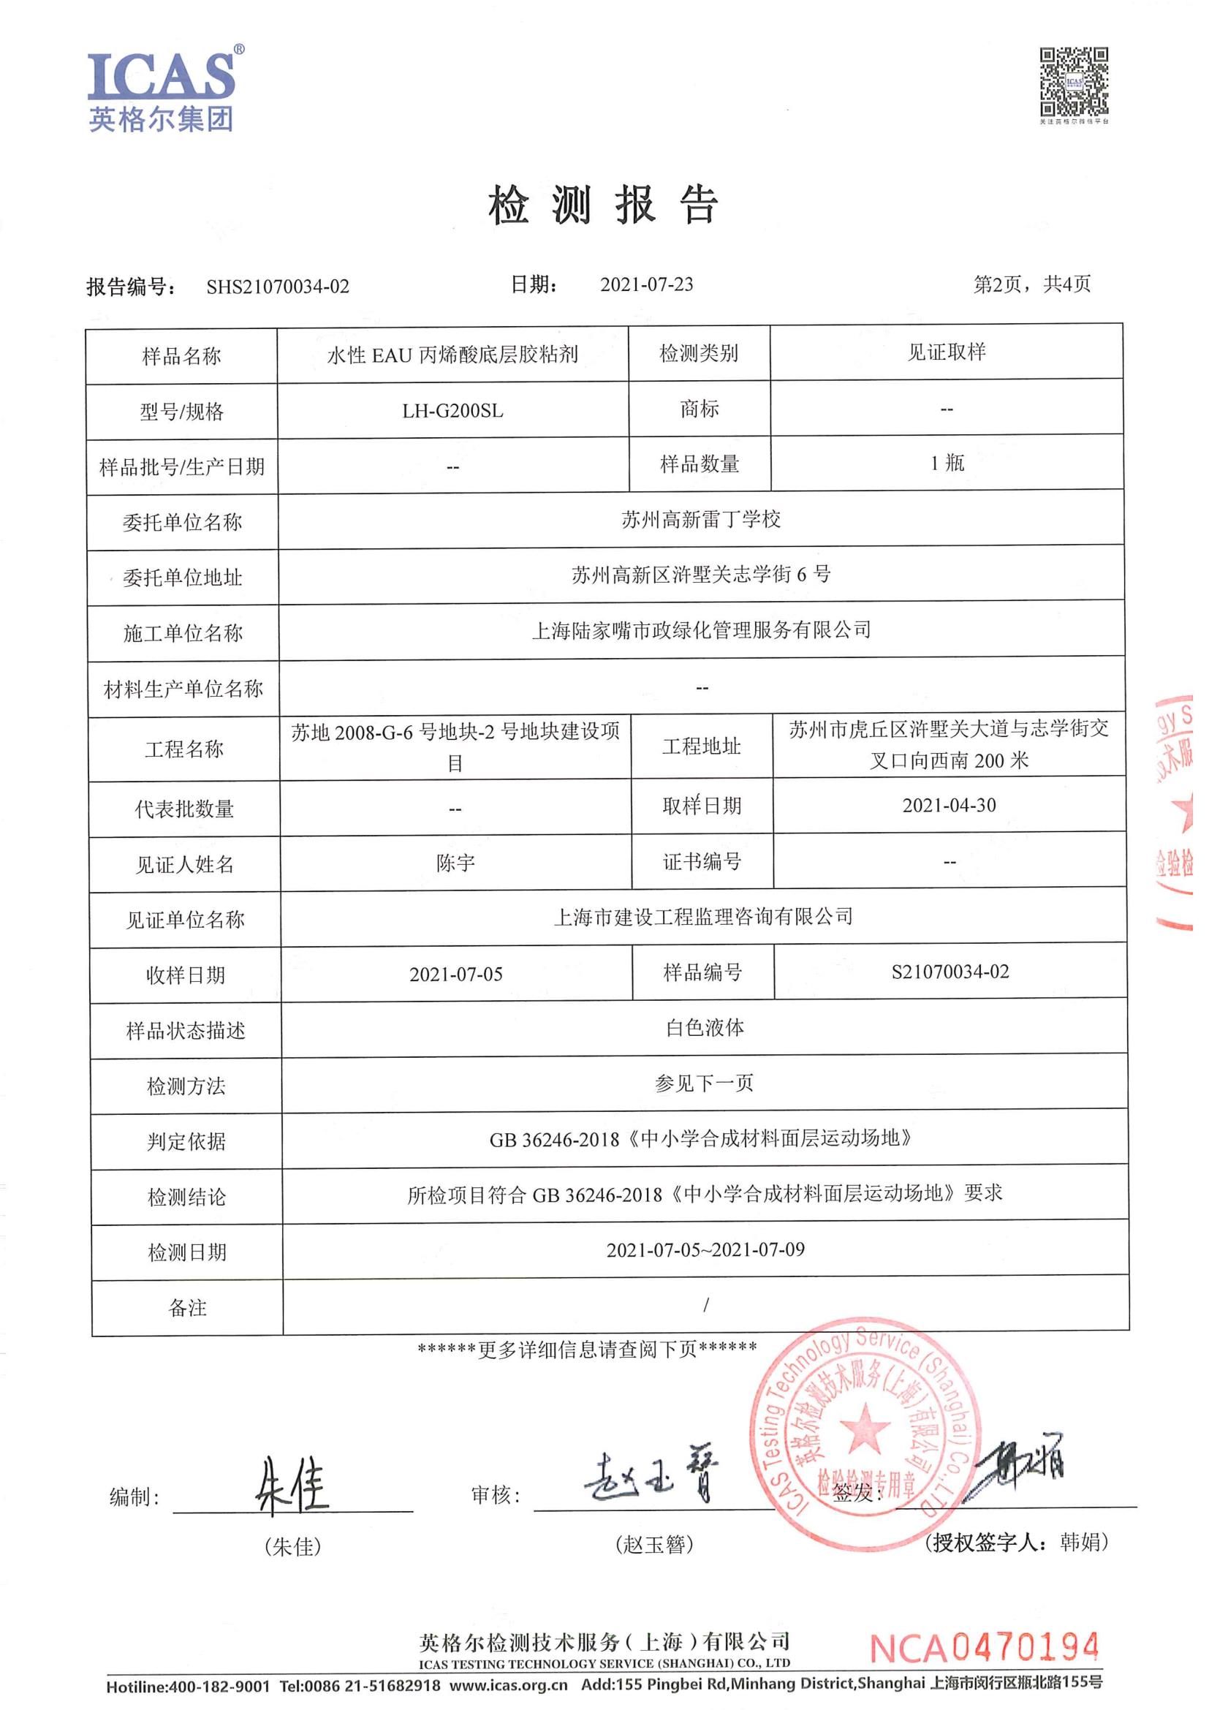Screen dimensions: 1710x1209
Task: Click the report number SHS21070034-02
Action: coord(278,287)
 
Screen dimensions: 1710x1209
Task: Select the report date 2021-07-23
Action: coord(646,284)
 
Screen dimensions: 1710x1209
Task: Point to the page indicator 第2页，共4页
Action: coord(1032,284)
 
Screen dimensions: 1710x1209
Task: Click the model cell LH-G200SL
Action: coord(452,411)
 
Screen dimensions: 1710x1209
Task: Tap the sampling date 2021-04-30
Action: coord(949,805)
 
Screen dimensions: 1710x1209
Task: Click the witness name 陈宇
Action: coord(455,863)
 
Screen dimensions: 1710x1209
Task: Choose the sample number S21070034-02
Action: coord(950,972)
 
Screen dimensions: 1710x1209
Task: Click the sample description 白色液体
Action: coord(704,1028)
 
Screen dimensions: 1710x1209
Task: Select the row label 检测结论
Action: coord(186,1198)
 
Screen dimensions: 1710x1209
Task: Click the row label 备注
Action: coord(187,1308)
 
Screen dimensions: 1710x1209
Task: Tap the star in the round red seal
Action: coord(863,1426)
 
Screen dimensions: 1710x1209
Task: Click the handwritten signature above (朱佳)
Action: coord(292,1486)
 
